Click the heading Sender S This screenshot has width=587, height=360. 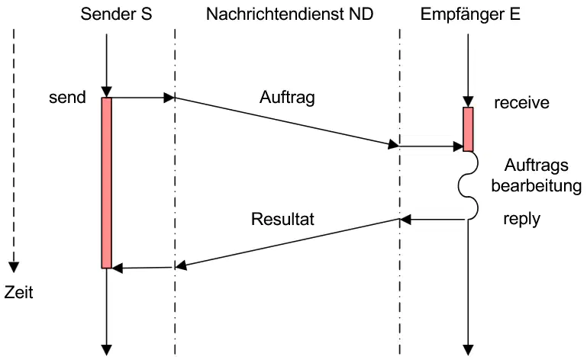click(116, 14)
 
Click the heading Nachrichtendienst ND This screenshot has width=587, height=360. click(289, 14)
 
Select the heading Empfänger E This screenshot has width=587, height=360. click(470, 14)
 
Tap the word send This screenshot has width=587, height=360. click(67, 98)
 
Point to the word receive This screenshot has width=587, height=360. click(521, 103)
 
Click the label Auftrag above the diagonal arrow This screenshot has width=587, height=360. click(287, 98)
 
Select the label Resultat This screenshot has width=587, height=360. click(282, 219)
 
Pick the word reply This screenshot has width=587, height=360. click(521, 220)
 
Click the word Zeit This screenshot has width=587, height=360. click(19, 292)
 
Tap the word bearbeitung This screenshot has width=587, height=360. click(537, 185)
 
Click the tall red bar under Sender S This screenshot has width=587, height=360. click(107, 182)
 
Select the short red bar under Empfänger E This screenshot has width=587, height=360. click(468, 129)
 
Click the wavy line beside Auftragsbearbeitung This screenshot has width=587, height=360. click(469, 185)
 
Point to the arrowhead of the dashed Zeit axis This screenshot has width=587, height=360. click(14, 267)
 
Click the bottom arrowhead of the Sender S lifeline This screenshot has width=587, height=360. click(107, 350)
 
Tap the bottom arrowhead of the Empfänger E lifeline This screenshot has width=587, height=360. click(468, 350)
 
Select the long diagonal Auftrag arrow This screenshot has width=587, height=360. click(287, 121)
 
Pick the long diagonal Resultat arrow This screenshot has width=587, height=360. click(288, 243)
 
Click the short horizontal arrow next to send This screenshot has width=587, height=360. click(143, 98)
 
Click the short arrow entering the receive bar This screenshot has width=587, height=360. click(431, 146)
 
